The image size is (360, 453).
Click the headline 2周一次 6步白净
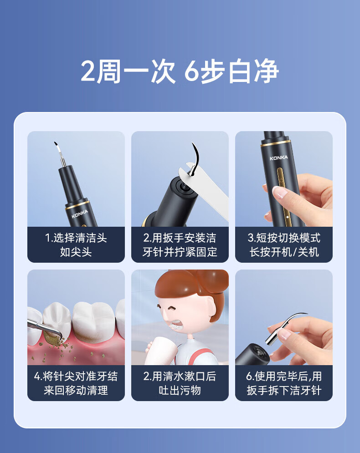point(180,71)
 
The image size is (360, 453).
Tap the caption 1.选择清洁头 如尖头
point(76,245)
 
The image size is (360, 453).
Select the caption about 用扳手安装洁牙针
point(180,245)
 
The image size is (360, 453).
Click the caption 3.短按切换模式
point(283,238)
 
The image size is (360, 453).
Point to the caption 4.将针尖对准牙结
point(76,377)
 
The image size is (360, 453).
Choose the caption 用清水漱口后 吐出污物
point(180,383)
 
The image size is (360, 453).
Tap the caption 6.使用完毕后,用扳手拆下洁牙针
point(283,383)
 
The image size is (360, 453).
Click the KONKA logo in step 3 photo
point(279,158)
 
